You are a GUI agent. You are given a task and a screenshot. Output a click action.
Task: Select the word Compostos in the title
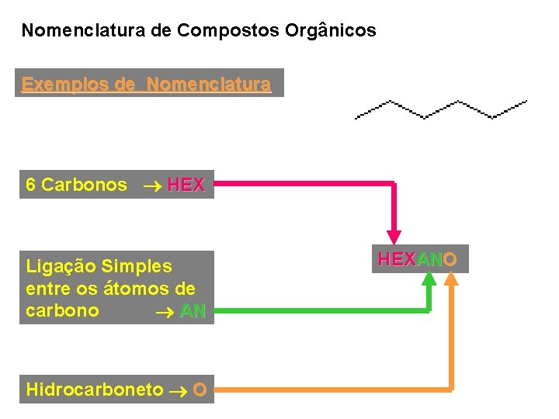click(x=218, y=31)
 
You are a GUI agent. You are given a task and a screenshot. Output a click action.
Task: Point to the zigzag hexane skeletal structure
click(x=441, y=109)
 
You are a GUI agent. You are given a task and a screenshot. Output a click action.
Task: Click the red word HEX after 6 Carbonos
click(x=186, y=185)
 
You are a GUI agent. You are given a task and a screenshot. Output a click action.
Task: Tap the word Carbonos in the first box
click(x=84, y=185)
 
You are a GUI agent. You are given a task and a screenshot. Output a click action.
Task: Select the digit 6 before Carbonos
click(x=30, y=185)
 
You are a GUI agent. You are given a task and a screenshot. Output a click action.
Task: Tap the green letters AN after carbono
click(x=193, y=311)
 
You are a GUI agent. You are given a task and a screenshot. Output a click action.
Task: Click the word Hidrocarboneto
click(x=95, y=390)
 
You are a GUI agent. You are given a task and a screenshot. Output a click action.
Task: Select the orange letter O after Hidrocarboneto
click(x=200, y=390)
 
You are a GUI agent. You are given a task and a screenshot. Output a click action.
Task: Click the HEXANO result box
click(x=418, y=259)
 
